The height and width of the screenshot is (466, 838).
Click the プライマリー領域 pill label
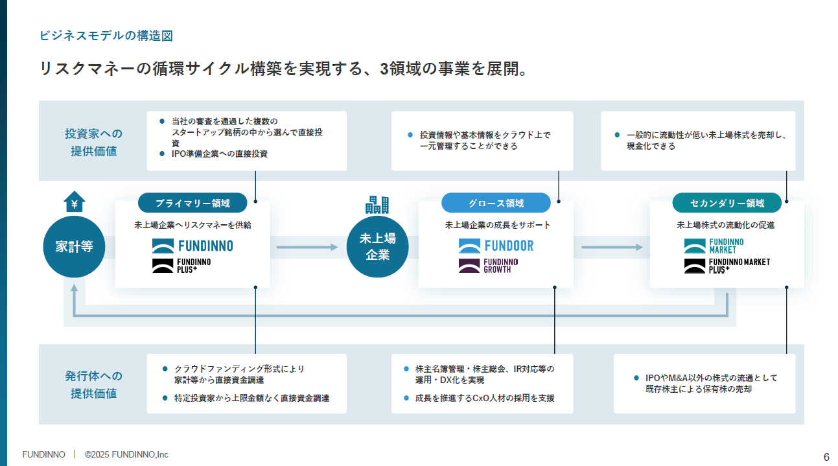pyautogui.click(x=192, y=203)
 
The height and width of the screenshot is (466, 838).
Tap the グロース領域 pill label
pyautogui.click(x=496, y=203)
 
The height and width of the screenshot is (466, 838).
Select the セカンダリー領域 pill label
pyautogui.click(x=727, y=203)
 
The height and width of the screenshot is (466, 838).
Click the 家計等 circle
pyautogui.click(x=74, y=247)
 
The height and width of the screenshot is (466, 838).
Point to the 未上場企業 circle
pyautogui.click(x=377, y=247)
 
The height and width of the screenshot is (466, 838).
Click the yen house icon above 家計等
pyautogui.click(x=74, y=203)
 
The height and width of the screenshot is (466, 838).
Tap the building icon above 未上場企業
pyautogui.click(x=377, y=204)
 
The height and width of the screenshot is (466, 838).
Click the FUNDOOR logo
pyautogui.click(x=496, y=246)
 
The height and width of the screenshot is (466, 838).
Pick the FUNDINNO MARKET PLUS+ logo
pyautogui.click(x=727, y=265)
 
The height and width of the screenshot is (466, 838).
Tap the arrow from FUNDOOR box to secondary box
pyautogui.click(x=612, y=247)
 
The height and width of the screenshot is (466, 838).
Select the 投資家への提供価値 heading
pyautogui.click(x=93, y=142)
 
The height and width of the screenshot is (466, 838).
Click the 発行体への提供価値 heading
pyautogui.click(x=93, y=384)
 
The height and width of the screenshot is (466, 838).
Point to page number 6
pyautogui.click(x=826, y=456)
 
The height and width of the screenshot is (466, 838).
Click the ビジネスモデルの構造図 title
pyautogui.click(x=106, y=36)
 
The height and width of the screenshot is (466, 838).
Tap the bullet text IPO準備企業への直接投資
pyautogui.click(x=219, y=154)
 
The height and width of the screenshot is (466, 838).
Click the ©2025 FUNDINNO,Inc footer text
pyautogui.click(x=126, y=454)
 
